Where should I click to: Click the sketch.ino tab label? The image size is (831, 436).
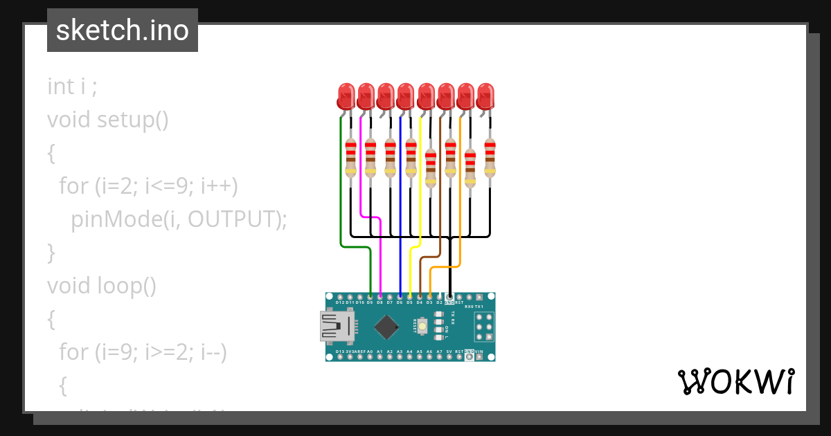(123, 30)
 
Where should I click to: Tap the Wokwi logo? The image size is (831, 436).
(735, 382)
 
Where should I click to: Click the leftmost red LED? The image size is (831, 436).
(346, 96)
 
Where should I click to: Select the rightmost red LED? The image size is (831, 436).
(486, 96)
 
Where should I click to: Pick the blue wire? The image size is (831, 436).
(401, 208)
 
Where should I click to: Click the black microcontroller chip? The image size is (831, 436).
(386, 326)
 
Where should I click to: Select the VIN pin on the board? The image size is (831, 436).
(479, 356)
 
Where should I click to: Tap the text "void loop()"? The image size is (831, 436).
(102, 285)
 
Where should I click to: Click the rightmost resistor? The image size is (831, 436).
(490, 158)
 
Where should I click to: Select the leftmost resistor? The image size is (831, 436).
(350, 158)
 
